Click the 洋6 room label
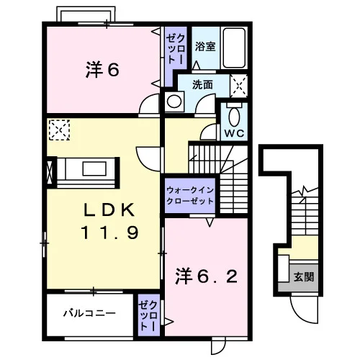click(x=102, y=70)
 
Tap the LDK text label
click(x=109, y=210)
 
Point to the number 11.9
click(x=109, y=233)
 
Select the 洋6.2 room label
click(x=207, y=276)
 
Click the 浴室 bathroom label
click(x=205, y=46)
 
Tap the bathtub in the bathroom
click(x=234, y=48)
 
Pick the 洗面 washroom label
click(x=202, y=84)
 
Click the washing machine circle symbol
click(x=174, y=102)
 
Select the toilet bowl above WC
click(x=234, y=117)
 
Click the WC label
click(x=234, y=133)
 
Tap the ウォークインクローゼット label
click(x=190, y=196)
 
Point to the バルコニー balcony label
click(x=89, y=313)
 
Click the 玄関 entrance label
click(x=304, y=277)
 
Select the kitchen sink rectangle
click(x=94, y=168)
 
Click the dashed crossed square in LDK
click(x=59, y=130)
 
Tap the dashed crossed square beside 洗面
click(x=238, y=86)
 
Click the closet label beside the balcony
click(x=149, y=315)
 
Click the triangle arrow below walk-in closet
click(x=210, y=222)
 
